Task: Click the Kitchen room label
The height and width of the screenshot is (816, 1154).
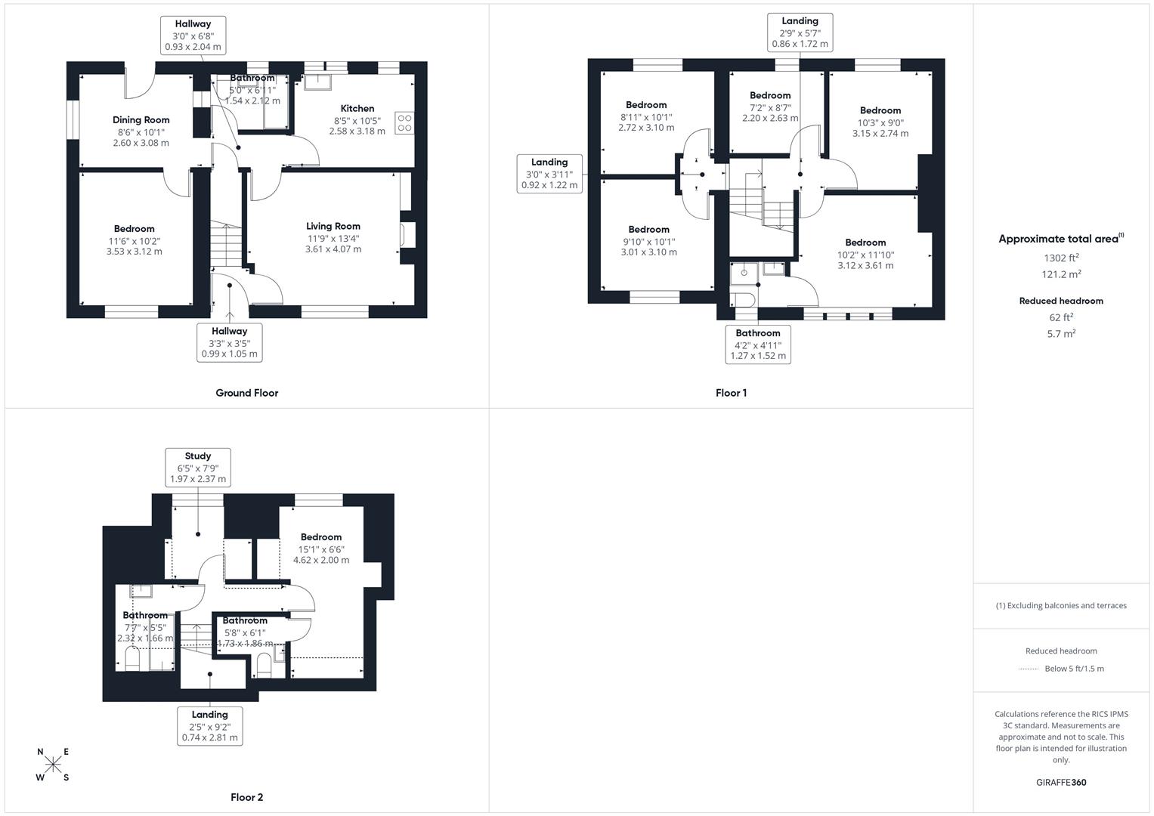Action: pyautogui.click(x=357, y=109)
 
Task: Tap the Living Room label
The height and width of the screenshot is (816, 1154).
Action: pyautogui.click(x=333, y=226)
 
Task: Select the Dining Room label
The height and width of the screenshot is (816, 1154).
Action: pyautogui.click(x=141, y=120)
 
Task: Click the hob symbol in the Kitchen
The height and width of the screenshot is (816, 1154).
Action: pyautogui.click(x=404, y=122)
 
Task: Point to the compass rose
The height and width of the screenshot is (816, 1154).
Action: pyautogui.click(x=52, y=765)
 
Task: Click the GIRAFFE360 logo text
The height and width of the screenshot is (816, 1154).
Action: pyautogui.click(x=1061, y=782)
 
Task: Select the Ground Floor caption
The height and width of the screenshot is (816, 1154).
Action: pyautogui.click(x=246, y=393)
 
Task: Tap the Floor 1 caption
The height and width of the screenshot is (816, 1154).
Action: pyautogui.click(x=731, y=393)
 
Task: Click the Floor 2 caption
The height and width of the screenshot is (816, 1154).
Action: pyautogui.click(x=246, y=797)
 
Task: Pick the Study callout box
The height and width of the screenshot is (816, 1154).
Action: pyautogui.click(x=198, y=468)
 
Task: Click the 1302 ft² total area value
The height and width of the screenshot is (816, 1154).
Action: pyautogui.click(x=1061, y=258)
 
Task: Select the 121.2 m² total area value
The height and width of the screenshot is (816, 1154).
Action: pyautogui.click(x=1061, y=274)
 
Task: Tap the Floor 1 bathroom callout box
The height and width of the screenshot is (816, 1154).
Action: pyautogui.click(x=758, y=345)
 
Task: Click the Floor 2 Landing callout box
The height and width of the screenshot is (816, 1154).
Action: pyautogui.click(x=210, y=726)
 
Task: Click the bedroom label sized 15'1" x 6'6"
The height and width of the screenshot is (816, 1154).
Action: pyautogui.click(x=321, y=537)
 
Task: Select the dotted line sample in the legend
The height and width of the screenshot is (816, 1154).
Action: pyautogui.click(x=1029, y=669)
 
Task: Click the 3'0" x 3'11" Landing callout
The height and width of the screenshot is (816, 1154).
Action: pyautogui.click(x=549, y=173)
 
